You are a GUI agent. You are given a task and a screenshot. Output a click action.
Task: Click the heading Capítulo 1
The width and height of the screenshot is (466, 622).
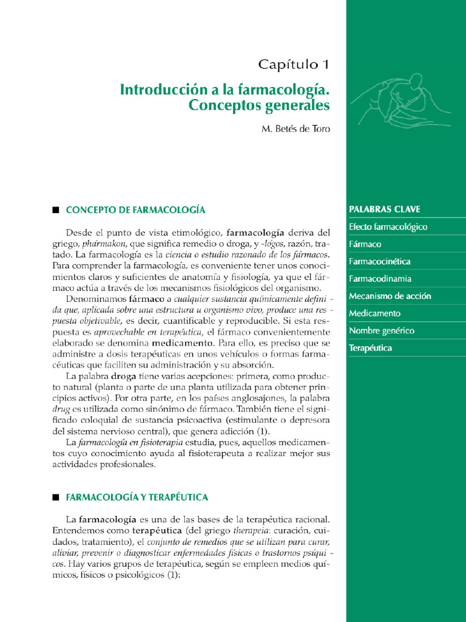(x=294, y=64)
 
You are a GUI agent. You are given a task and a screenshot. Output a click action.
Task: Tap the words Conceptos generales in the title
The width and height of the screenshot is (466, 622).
(x=259, y=106)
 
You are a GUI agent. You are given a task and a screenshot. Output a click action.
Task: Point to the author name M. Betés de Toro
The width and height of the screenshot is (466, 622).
(x=295, y=130)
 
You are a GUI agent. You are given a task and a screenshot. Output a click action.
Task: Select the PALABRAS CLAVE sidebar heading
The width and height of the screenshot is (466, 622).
(x=385, y=210)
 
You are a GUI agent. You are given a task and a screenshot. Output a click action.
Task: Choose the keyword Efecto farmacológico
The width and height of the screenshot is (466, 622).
(x=388, y=227)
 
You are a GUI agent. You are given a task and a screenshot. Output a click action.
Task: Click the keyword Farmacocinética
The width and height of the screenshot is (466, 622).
(x=379, y=262)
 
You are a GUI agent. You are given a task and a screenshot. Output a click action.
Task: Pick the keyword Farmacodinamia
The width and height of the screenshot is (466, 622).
(x=380, y=279)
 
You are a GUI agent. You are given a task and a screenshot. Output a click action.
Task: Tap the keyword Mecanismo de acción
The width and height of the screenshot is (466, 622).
(x=390, y=296)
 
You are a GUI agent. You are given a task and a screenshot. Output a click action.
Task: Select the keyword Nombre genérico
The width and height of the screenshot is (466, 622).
(x=381, y=331)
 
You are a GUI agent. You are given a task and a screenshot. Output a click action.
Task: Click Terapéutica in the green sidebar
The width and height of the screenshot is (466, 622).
(x=370, y=348)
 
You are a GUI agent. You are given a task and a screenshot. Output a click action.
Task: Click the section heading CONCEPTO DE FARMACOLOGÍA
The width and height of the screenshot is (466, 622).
(x=135, y=210)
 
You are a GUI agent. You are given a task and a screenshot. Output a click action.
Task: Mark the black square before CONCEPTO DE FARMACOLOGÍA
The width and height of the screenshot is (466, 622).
(x=55, y=210)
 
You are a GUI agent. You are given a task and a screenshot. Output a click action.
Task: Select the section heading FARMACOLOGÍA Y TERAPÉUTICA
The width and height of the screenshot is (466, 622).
(x=137, y=497)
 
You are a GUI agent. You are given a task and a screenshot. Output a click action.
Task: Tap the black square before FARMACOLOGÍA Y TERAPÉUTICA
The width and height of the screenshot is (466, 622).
(x=55, y=497)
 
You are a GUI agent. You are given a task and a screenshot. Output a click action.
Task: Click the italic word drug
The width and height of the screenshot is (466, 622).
(x=62, y=409)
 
